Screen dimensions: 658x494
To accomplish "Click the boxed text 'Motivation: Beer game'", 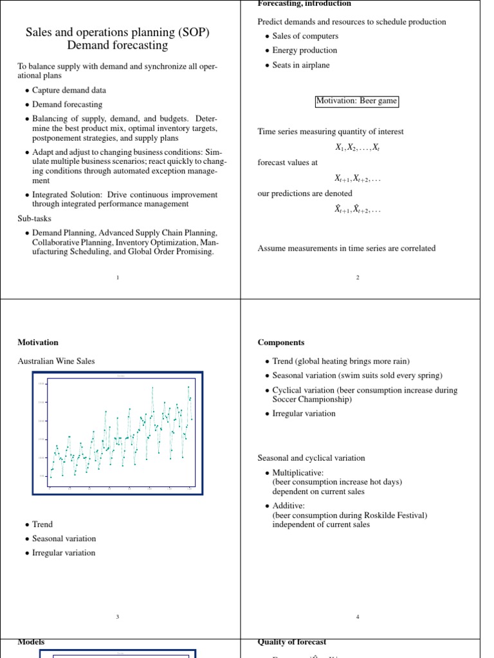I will [357, 101].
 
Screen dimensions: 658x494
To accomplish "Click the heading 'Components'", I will [281, 342].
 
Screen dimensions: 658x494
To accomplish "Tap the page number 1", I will [118, 278].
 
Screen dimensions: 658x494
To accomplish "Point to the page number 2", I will [358, 278].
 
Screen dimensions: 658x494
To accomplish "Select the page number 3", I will [118, 617].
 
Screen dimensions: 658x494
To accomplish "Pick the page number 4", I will [358, 617].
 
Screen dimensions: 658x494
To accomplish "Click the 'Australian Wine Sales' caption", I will [56, 361].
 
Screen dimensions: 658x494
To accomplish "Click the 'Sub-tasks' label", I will [34, 218].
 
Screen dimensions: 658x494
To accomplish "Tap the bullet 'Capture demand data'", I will [69, 91].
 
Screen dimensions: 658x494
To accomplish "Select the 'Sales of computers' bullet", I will [305, 36].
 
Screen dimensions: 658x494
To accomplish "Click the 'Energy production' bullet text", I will [304, 50].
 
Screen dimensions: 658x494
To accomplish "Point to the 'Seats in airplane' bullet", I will [300, 64].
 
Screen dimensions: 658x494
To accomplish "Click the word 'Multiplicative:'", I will [298, 473].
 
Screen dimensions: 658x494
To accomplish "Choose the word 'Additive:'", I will [289, 506].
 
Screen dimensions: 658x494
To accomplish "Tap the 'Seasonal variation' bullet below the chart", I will [64, 538].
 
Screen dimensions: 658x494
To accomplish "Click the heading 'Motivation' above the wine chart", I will [37, 342].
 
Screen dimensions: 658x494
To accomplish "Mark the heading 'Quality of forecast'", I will [291, 642].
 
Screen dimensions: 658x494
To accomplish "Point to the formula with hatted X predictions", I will [357, 209].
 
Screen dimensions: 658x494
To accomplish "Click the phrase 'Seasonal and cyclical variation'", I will [311, 458].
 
